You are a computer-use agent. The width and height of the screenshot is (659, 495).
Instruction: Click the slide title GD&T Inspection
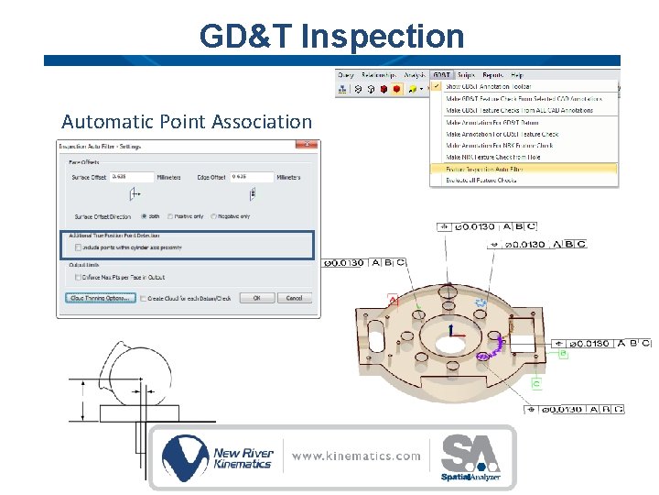(332, 37)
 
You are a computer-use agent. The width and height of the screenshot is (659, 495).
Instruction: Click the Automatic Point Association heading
(187, 121)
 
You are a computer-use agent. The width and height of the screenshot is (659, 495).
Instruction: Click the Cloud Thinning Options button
(101, 298)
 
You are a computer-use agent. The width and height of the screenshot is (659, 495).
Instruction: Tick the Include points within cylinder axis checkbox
(77, 247)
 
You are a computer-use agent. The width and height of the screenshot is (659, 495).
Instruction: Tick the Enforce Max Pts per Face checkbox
(77, 276)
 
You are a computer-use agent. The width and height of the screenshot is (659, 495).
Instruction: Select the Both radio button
(144, 216)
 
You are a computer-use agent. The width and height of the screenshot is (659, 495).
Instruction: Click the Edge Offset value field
(252, 177)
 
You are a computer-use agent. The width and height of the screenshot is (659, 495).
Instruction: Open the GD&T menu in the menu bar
(441, 75)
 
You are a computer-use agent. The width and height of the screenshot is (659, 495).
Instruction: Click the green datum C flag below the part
(535, 382)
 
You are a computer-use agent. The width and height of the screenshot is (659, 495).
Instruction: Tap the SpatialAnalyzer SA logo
(470, 458)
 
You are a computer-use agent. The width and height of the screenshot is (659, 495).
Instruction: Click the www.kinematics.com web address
(356, 456)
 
